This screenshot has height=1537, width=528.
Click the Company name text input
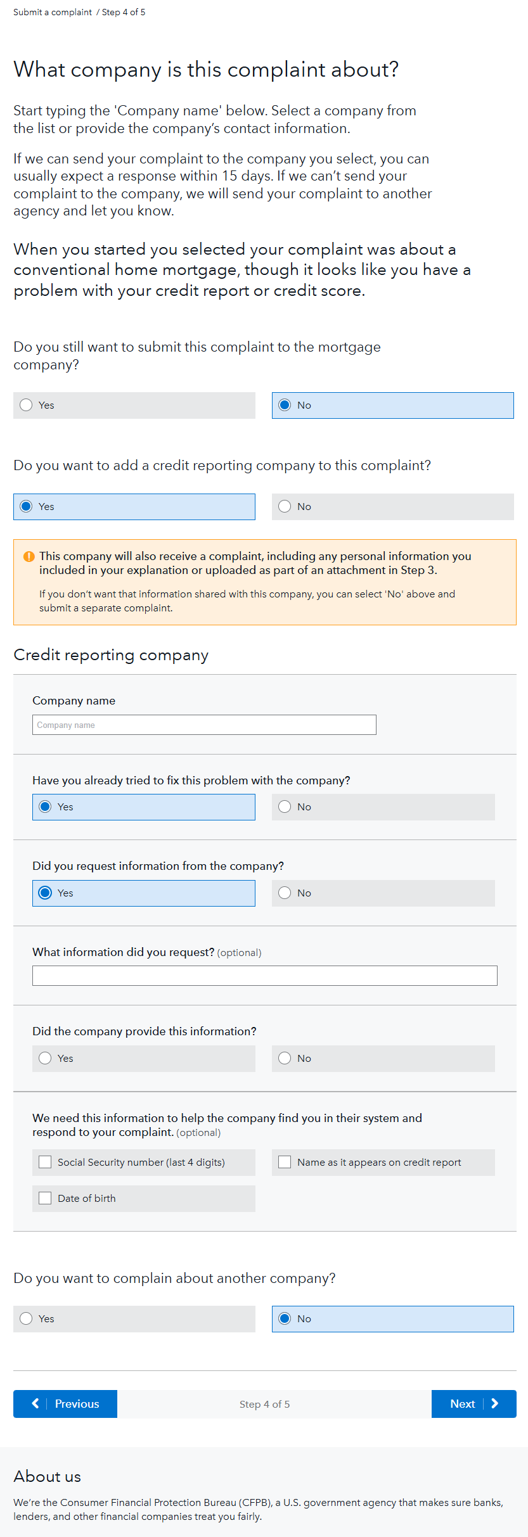[204, 725]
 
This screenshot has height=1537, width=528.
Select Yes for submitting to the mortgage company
[26, 405]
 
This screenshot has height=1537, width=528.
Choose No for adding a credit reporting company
[285, 506]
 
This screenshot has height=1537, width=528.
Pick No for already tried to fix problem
[285, 807]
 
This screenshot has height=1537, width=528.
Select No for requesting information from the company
[285, 893]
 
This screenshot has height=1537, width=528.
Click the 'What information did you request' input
[264, 976]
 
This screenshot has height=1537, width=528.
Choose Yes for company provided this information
[45, 1058]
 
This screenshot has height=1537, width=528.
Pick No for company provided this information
[285, 1058]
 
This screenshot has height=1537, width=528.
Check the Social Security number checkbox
[45, 1162]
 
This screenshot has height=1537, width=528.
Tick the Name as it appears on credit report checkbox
[285, 1162]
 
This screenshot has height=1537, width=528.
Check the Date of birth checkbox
[45, 1198]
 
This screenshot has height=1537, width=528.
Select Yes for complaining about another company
[26, 1318]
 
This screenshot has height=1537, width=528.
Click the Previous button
[65, 1404]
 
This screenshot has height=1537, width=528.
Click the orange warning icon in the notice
[29, 556]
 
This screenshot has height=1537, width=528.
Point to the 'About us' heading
[48, 1476]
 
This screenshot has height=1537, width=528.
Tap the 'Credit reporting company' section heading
[111, 654]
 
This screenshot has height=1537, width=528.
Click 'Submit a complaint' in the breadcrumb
[53, 12]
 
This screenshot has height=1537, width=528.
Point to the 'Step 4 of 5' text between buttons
[264, 1404]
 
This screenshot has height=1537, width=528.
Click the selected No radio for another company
[285, 1318]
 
